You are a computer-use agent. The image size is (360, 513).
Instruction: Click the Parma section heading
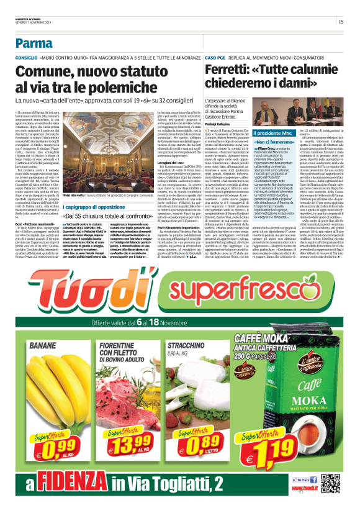[34, 43]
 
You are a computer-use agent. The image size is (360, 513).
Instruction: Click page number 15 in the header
[341, 22]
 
